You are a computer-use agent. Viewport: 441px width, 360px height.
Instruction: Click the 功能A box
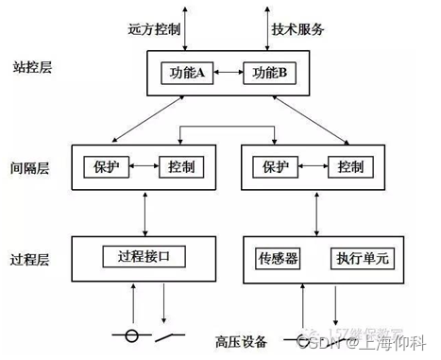[189, 72]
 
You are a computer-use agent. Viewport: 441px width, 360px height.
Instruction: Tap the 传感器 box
[278, 258]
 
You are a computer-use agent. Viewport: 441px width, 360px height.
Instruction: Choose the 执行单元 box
[354, 258]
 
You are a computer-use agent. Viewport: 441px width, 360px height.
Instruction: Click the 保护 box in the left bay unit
[105, 166]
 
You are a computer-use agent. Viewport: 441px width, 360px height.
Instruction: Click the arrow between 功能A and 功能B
[229, 72]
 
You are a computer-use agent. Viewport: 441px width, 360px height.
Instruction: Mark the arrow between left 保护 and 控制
[143, 166]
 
